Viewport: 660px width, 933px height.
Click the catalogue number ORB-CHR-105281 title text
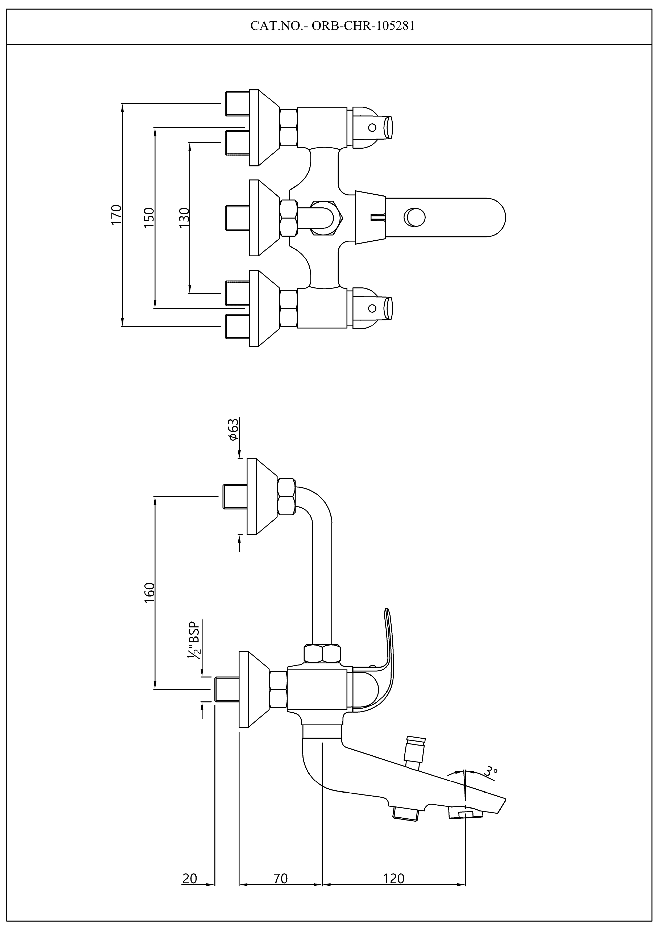click(333, 26)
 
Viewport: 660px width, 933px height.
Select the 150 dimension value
click(149, 217)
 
